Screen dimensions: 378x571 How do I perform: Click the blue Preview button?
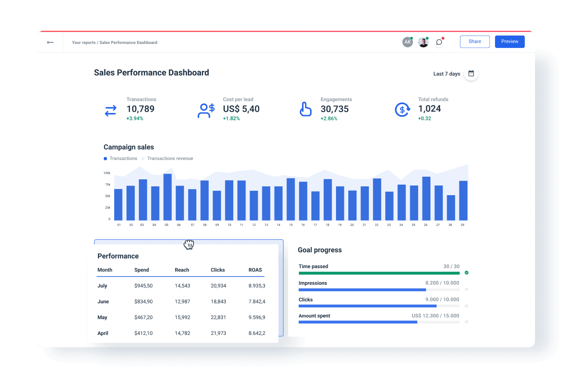click(x=510, y=42)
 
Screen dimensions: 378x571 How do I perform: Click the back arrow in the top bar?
click(x=50, y=43)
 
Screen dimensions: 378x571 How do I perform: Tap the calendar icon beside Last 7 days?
click(x=471, y=73)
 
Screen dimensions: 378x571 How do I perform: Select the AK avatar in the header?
click(x=408, y=42)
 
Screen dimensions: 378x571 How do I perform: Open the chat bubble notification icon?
click(x=439, y=42)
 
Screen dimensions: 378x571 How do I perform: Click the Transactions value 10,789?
click(x=140, y=109)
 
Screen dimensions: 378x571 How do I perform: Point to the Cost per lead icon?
click(x=206, y=110)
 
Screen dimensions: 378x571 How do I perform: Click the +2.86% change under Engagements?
click(x=329, y=119)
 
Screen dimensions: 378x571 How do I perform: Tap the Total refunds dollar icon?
click(x=402, y=109)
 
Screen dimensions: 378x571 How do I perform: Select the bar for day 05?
click(x=167, y=197)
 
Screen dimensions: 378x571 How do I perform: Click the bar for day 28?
click(x=451, y=208)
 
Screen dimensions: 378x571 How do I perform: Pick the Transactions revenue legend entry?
click(x=170, y=159)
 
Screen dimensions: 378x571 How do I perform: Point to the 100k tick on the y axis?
click(x=107, y=173)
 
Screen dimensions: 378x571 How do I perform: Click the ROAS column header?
click(x=255, y=270)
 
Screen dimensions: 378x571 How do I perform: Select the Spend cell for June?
click(x=143, y=302)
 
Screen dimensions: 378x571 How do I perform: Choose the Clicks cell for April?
click(x=218, y=333)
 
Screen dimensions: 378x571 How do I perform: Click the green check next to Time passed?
click(x=466, y=273)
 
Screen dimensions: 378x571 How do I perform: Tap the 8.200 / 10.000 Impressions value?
click(x=442, y=283)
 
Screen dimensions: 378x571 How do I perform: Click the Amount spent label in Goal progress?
click(x=314, y=316)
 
